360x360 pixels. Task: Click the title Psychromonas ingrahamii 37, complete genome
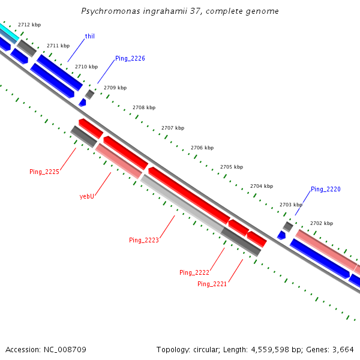point(180,11)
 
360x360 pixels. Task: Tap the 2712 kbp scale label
point(29,25)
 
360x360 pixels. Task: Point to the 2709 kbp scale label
point(115,88)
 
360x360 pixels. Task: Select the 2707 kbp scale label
point(173,128)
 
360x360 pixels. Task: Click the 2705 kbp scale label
point(232,167)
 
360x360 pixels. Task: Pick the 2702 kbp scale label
point(321,223)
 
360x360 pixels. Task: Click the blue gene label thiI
point(89,37)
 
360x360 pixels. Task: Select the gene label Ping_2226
point(130,58)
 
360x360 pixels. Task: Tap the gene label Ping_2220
point(326,190)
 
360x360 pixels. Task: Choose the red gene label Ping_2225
point(44,172)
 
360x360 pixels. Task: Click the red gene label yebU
point(87,196)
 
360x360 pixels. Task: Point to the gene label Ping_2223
point(144,240)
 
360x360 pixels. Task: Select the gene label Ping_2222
point(194,272)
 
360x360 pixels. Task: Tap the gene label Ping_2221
point(212,284)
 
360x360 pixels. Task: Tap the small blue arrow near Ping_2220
point(281,235)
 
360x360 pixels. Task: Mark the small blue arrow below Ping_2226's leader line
point(82,103)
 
